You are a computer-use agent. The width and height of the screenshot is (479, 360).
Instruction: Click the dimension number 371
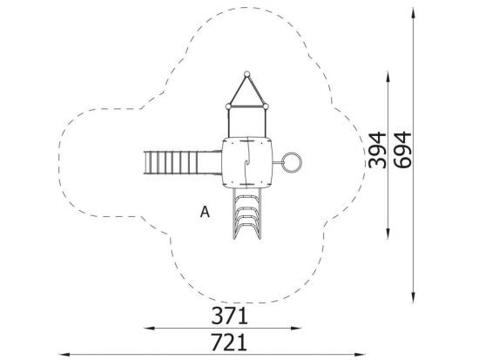click(x=229, y=316)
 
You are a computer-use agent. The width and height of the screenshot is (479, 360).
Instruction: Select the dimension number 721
click(x=229, y=343)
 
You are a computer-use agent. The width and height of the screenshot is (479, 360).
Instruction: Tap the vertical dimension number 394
click(x=377, y=150)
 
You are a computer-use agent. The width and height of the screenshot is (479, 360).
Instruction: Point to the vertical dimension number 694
click(x=402, y=150)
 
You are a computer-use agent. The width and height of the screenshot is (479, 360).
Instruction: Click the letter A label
click(x=205, y=212)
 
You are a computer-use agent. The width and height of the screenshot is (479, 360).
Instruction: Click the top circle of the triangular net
click(x=246, y=74)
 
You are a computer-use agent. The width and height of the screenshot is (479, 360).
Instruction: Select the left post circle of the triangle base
click(x=228, y=106)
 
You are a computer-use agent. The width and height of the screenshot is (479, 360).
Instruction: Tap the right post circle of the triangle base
click(x=266, y=106)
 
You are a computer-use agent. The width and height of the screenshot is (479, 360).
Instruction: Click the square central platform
click(x=246, y=162)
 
